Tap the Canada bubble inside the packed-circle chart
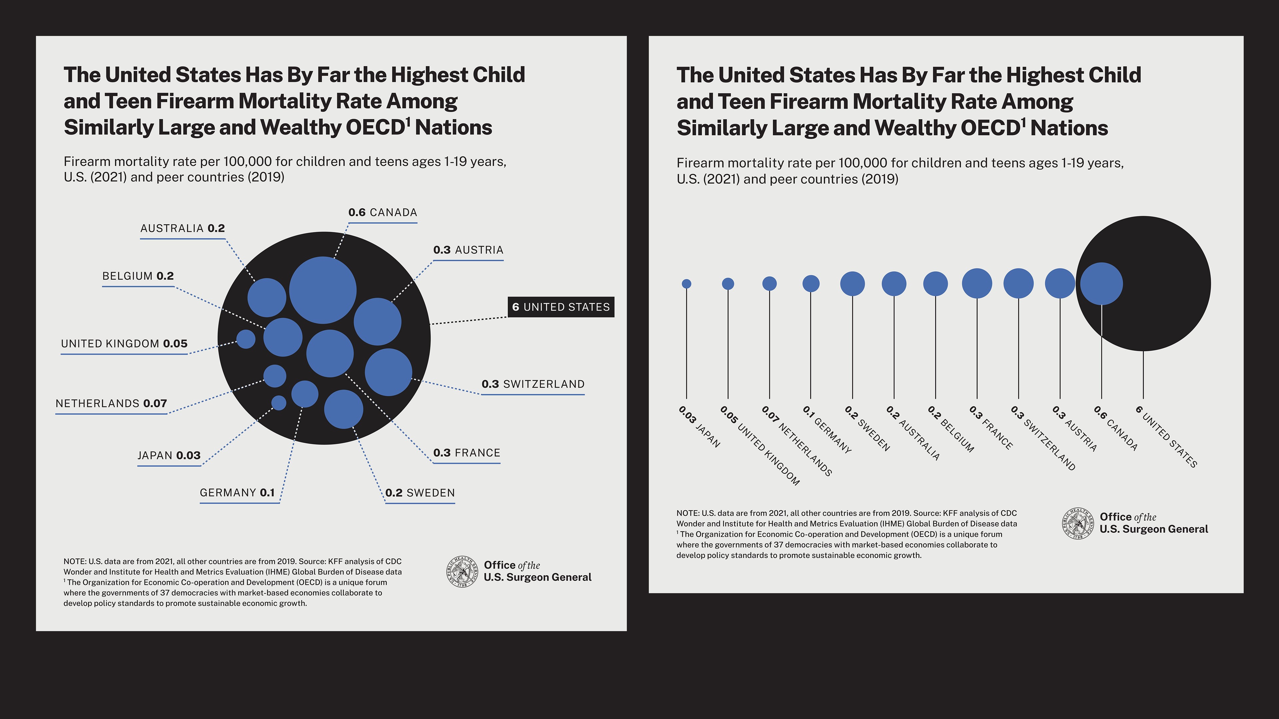point(323,290)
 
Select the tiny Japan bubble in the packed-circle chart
point(278,403)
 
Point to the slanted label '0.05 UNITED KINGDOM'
point(760,445)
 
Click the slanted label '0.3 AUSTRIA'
point(1074,428)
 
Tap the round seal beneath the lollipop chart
point(1078,524)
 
